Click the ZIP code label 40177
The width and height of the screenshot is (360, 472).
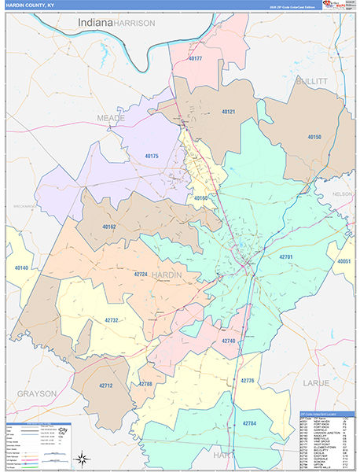click(196, 59)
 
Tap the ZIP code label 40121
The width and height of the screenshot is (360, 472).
click(229, 112)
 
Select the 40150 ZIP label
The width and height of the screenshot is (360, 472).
click(314, 137)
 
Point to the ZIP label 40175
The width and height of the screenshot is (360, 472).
click(152, 157)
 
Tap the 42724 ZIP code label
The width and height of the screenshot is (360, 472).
click(141, 274)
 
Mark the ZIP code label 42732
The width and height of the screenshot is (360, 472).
click(112, 320)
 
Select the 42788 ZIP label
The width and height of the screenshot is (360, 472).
click(146, 384)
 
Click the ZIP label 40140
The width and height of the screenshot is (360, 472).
click(20, 268)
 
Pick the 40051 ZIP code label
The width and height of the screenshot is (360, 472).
click(343, 261)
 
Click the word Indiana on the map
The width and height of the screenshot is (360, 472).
click(94, 24)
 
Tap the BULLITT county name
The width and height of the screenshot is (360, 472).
click(310, 81)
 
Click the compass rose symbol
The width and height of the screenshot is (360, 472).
click(81, 458)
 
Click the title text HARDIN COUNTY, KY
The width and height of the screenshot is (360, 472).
click(31, 6)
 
